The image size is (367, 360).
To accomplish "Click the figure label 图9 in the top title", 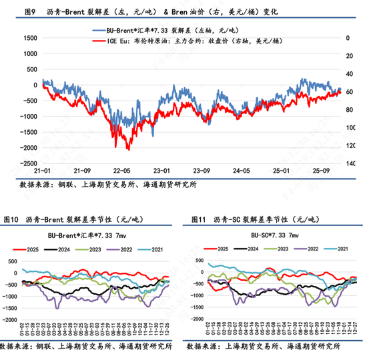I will click(x=29, y=12).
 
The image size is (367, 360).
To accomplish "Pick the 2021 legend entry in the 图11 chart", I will click(x=338, y=248).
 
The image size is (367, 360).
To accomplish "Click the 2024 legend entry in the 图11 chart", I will click(x=250, y=248).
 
